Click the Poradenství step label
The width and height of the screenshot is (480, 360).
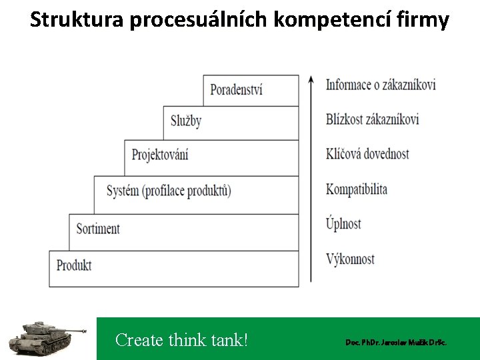coord(236,89)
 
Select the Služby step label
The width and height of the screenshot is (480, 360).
coord(185,121)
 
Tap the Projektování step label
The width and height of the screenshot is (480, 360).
coord(160,155)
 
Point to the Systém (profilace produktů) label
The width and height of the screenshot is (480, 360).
coord(169,191)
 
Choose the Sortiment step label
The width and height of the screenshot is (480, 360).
coord(98,229)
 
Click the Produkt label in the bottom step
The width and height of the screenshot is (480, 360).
coord(74,265)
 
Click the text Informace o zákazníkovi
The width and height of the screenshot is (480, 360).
coord(381,85)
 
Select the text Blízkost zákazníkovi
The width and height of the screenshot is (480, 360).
coord(373,119)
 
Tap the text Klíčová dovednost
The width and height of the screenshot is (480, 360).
coord(367,154)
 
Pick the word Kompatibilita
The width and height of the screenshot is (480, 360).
coord(357,189)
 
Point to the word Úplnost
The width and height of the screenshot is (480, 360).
coord(343,223)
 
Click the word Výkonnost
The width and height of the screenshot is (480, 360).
coord(351,259)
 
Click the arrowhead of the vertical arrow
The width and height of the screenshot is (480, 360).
coord(311,80)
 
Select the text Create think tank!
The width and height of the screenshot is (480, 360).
coord(181,340)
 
